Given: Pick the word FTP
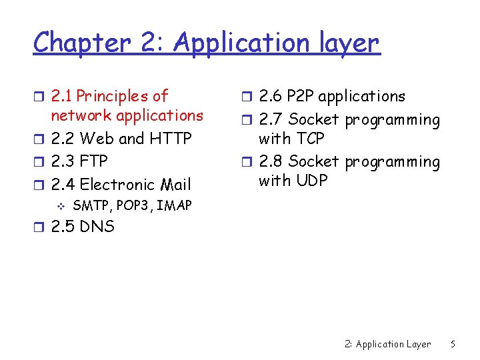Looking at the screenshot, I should click(93, 161).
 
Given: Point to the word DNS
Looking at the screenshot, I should click(97, 227).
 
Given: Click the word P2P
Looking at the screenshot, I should click(300, 97).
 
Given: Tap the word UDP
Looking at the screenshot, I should click(310, 181).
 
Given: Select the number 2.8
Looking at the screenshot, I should click(270, 162).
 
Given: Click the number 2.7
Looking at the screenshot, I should click(270, 121).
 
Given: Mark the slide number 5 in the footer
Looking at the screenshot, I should click(453, 344).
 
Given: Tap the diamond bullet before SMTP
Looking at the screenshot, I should click(61, 206).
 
